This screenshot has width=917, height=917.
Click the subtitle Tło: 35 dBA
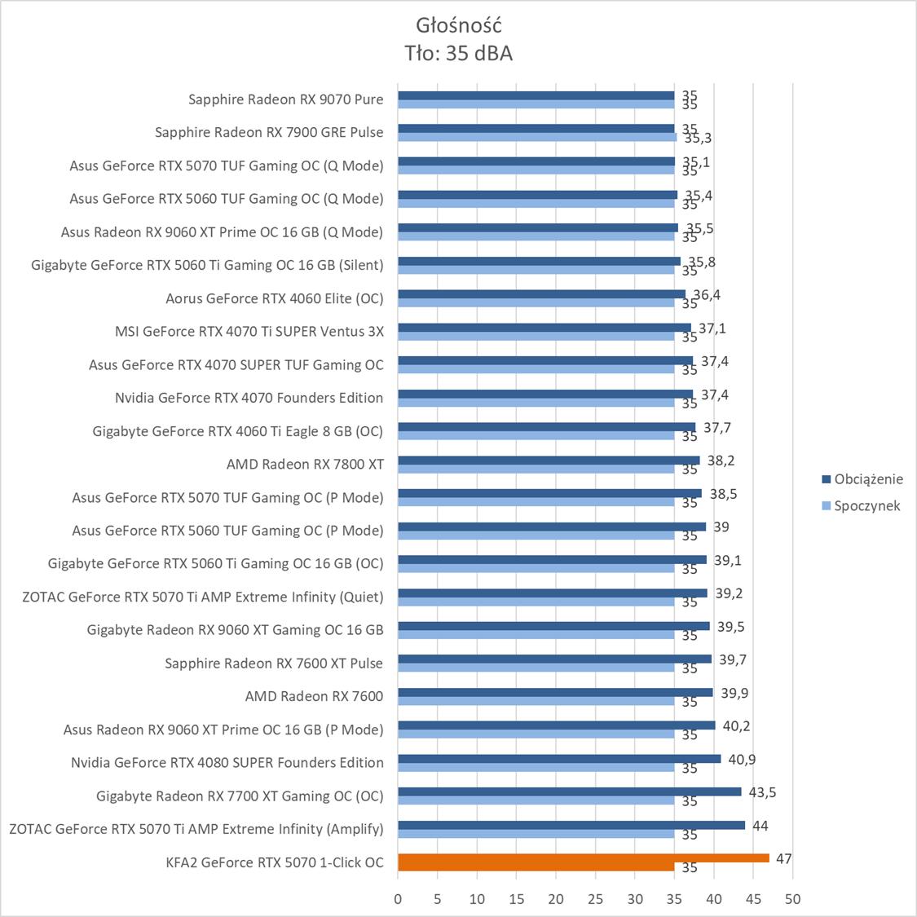pyautogui.click(x=458, y=53)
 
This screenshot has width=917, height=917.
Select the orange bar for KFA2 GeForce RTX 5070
pyautogui.click(x=583, y=857)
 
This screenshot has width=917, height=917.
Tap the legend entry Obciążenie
pyautogui.click(x=868, y=479)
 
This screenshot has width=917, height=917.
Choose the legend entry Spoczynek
pyautogui.click(x=866, y=505)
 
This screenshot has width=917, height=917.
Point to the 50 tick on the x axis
pyautogui.click(x=792, y=899)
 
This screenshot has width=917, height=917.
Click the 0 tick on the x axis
pyautogui.click(x=398, y=899)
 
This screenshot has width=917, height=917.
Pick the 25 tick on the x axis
pyautogui.click(x=595, y=899)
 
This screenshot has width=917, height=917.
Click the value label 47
pyautogui.click(x=784, y=858)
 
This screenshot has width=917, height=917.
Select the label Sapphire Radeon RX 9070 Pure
pyautogui.click(x=285, y=99)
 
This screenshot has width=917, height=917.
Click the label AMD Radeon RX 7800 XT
pyautogui.click(x=305, y=464)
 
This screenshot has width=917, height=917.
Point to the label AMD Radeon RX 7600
pyautogui.click(x=314, y=696)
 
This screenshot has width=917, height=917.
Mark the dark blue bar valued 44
pyautogui.click(x=571, y=825)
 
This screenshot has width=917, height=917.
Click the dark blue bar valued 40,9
pyautogui.click(x=559, y=759)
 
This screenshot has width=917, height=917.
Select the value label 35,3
pyautogui.click(x=698, y=139)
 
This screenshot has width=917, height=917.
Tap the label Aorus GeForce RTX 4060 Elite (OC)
pyautogui.click(x=274, y=298)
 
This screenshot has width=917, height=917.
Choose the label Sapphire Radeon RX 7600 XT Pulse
pyautogui.click(x=274, y=663)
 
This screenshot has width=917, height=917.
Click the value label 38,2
pyautogui.click(x=721, y=461)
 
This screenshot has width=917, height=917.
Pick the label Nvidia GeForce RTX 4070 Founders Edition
pyautogui.click(x=249, y=398)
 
